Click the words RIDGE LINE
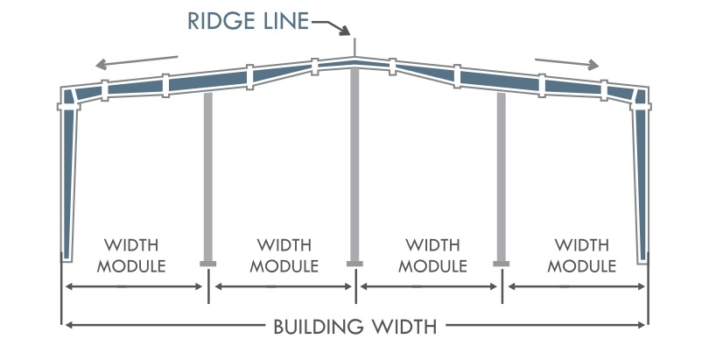click(248, 20)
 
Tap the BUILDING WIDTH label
click(354, 328)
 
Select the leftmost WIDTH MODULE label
click(131, 254)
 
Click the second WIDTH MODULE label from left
click(284, 254)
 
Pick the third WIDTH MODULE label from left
click(431, 254)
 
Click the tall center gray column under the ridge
click(354, 166)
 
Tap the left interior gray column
click(208, 175)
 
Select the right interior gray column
click(502, 175)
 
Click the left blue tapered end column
click(68, 175)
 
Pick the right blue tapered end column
click(642, 175)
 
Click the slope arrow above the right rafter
click(567, 62)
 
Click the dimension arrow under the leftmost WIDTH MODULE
click(134, 286)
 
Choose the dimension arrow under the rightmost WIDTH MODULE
click(576, 286)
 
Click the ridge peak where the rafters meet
click(354, 60)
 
